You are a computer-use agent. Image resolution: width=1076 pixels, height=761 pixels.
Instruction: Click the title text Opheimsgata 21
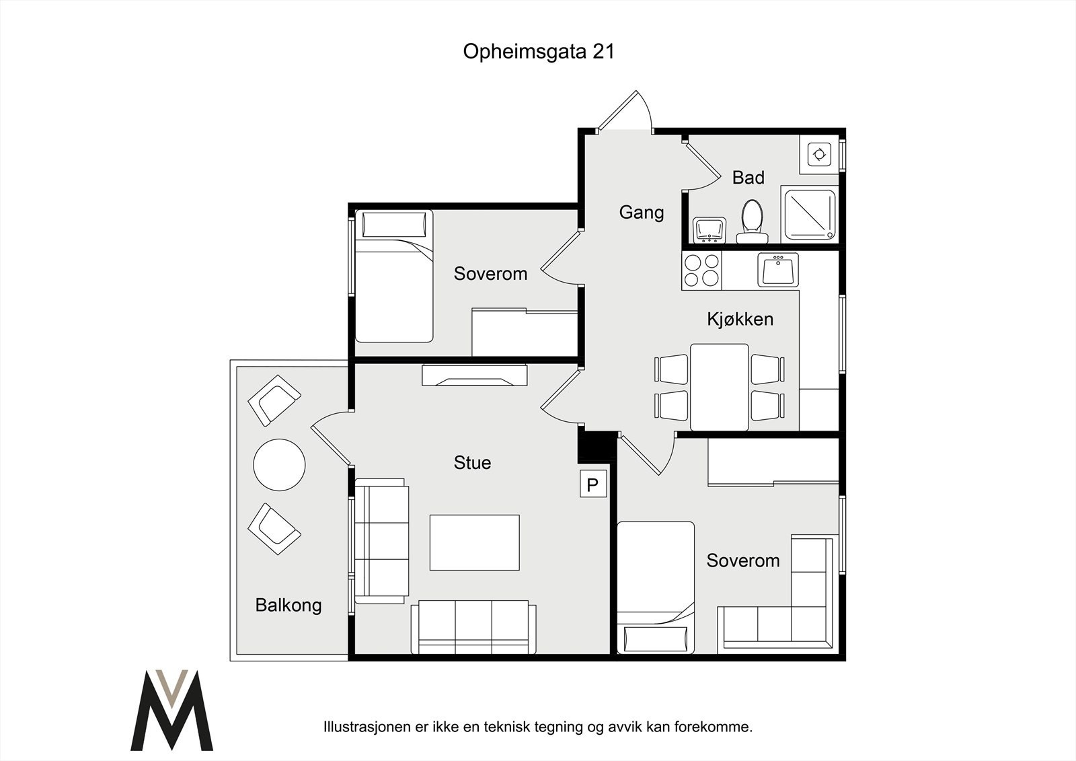pyautogui.click(x=539, y=52)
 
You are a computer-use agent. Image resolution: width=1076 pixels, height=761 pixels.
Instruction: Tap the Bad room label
pyautogui.click(x=748, y=178)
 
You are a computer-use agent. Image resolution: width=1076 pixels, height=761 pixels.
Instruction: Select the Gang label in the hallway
pyautogui.click(x=642, y=213)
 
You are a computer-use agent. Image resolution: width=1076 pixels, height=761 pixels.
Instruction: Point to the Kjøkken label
pyautogui.click(x=740, y=319)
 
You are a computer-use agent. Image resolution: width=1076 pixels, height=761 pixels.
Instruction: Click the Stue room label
pyautogui.click(x=472, y=462)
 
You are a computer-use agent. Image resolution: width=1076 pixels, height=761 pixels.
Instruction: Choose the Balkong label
pyautogui.click(x=289, y=606)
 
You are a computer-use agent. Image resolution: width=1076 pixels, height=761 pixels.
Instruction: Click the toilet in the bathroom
pyautogui.click(x=752, y=222)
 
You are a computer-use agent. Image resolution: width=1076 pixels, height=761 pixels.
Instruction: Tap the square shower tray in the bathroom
pyautogui.click(x=810, y=215)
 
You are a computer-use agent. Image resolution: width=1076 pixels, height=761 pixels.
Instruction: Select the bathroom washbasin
pyautogui.click(x=709, y=230)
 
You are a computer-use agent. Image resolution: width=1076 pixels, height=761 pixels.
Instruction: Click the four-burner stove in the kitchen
pyautogui.click(x=701, y=270)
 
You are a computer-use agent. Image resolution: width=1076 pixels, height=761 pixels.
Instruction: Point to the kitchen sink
pyautogui.click(x=778, y=270)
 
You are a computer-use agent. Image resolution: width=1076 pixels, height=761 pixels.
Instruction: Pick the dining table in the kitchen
pyautogui.click(x=719, y=387)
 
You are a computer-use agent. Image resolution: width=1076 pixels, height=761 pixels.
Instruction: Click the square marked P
pyautogui.click(x=593, y=483)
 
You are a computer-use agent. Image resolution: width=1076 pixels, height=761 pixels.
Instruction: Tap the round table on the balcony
pyautogui.click(x=279, y=465)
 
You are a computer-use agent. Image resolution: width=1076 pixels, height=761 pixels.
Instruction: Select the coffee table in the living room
pyautogui.click(x=475, y=542)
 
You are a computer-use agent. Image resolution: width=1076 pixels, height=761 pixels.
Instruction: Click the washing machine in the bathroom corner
pyautogui.click(x=819, y=154)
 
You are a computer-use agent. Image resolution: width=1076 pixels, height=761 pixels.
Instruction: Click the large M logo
pyautogui.click(x=171, y=710)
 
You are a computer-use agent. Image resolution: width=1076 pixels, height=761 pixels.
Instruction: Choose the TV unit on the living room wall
pyautogui.click(x=475, y=375)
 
